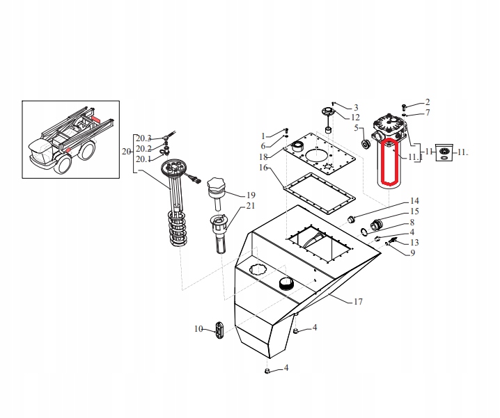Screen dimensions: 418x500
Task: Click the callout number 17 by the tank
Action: coord(359,302)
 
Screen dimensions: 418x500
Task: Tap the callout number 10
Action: coord(198,328)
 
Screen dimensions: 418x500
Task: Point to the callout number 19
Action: coord(251,195)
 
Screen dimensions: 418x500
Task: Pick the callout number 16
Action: coord(264,168)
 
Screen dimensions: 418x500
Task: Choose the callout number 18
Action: coord(264,157)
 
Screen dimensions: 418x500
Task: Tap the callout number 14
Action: coord(414,200)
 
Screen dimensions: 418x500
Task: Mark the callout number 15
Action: coord(414,211)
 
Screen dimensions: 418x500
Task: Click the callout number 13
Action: coord(414,242)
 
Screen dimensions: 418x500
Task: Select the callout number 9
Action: coord(412,252)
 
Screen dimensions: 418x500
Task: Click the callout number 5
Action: coord(356,128)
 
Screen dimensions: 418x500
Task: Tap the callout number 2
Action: coord(428,102)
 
